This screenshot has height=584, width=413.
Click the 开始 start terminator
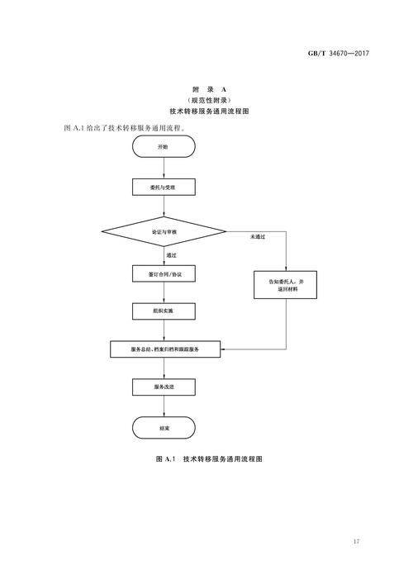pos(164,146)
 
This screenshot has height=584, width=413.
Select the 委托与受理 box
pos(164,188)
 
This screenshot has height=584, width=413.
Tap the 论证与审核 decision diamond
pos(164,233)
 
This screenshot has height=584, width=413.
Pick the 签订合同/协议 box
pos(164,273)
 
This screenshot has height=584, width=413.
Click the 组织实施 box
pos(164,311)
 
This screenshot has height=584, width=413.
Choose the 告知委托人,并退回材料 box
pos(286,285)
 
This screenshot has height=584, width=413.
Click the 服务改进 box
pos(164,387)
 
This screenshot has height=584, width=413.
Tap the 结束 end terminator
pos(164,428)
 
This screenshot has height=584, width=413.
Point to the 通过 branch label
pos(171,256)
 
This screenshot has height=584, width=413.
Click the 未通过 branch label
pos(258,237)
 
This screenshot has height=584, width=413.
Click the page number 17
pos(355,541)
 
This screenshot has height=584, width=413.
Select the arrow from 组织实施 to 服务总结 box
pos(164,330)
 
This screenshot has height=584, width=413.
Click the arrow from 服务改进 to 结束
pos(164,406)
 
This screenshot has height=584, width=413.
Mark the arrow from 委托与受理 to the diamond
pos(164,207)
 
